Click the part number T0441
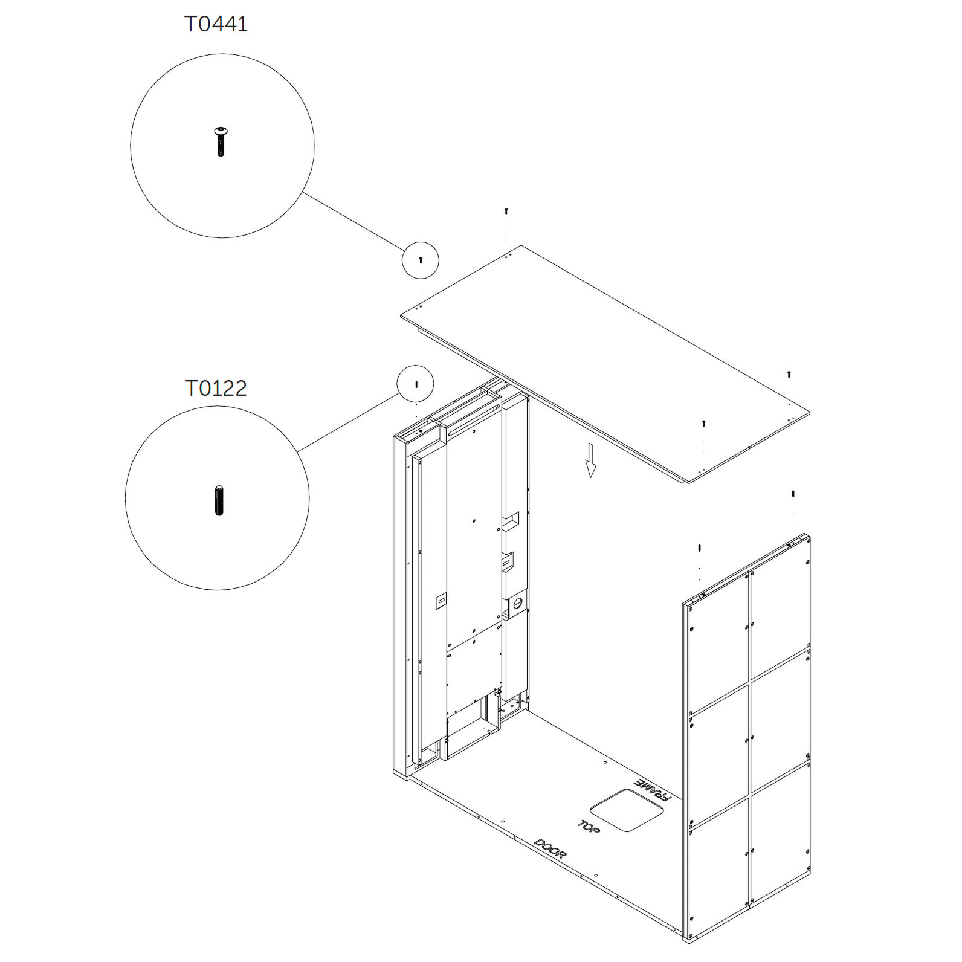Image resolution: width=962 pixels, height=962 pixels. coord(216,24)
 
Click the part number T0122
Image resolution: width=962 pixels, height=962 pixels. coord(216,388)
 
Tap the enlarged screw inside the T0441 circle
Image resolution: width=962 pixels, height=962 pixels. coord(221,141)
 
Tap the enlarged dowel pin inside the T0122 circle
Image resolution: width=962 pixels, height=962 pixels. coord(219,500)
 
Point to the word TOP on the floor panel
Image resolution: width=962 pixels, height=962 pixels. coord(589,827)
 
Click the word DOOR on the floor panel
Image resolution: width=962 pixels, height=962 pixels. coord(550,849)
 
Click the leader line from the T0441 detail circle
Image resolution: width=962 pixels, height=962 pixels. coord(353,222)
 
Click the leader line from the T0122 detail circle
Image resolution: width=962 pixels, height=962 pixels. coord(349,422)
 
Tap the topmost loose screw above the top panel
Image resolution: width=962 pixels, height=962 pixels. coord(506,211)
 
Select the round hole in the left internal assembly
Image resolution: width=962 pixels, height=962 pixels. coord(517,603)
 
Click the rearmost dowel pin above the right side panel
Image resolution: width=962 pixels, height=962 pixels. coord(793,494)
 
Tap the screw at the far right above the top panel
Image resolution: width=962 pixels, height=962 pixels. coord(789,374)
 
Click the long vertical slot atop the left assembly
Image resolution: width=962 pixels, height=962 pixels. coord(471,418)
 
